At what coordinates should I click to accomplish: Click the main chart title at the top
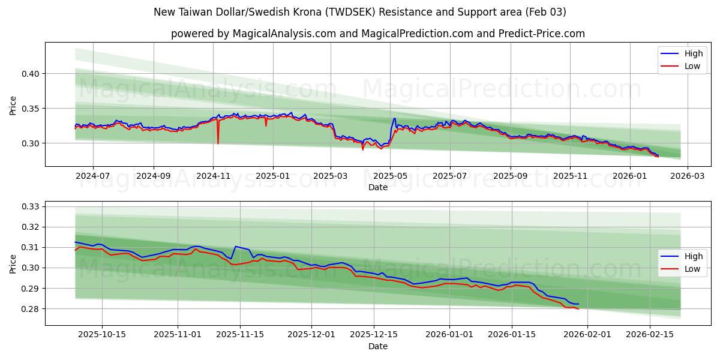click(359, 12)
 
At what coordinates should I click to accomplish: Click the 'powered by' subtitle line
click(377, 34)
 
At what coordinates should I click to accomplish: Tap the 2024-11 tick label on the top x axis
click(213, 176)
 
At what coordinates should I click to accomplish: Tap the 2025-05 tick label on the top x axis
click(390, 176)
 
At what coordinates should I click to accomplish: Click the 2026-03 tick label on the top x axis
click(687, 176)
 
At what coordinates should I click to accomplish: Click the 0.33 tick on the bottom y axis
click(30, 206)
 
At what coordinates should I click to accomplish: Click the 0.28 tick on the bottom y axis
click(30, 309)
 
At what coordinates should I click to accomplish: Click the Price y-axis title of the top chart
click(13, 105)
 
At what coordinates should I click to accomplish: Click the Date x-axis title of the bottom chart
click(377, 346)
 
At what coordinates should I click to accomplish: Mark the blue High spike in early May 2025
click(394, 119)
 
